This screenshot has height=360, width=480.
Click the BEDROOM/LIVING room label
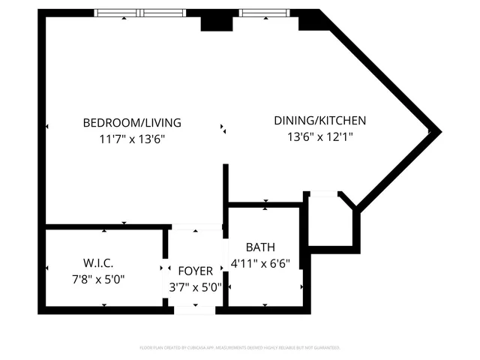[131, 123]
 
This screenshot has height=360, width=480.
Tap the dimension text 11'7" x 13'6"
[131, 139]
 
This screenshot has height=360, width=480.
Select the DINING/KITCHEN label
[319, 121]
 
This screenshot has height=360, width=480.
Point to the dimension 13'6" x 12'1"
[319, 136]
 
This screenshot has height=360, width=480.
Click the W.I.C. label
[97, 263]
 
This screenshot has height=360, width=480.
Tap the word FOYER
[195, 271]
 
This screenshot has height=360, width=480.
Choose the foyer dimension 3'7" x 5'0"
[195, 286]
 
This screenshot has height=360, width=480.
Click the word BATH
[260, 247]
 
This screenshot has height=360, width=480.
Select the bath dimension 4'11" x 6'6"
[260, 263]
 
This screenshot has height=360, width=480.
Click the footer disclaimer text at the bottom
[240, 348]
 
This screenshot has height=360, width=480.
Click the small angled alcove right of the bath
[328, 218]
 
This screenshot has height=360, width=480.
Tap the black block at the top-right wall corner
[310, 20]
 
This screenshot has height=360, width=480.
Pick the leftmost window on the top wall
[117, 13]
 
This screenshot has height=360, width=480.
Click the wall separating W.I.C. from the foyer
[165, 266]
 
